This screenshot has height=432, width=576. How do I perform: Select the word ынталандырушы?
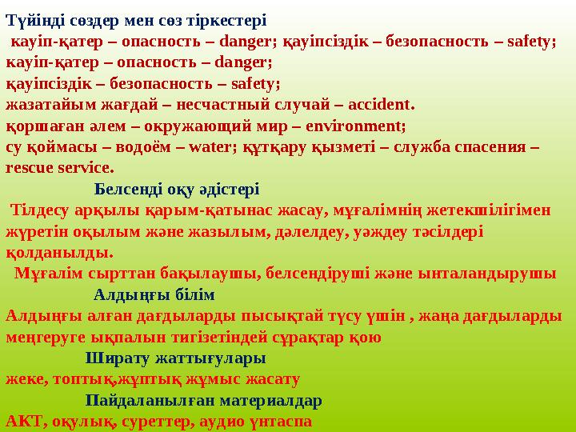[502, 273]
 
